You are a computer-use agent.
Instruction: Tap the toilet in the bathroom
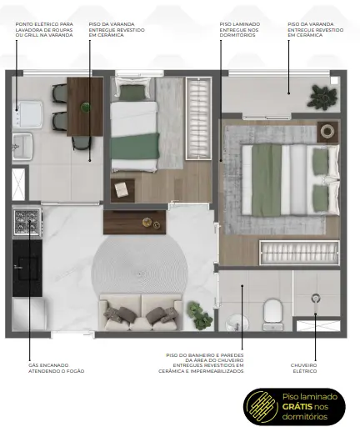pyautogui.click(x=272, y=314)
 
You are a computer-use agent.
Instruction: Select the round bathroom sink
pyautogui.click(x=237, y=323)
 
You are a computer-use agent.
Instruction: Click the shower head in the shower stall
pyautogui.click(x=316, y=299)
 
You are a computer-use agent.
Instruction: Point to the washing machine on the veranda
pyautogui.click(x=27, y=114)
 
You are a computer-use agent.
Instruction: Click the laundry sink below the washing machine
pyautogui.click(x=22, y=146)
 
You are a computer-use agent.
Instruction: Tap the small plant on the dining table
pyautogui.click(x=86, y=107)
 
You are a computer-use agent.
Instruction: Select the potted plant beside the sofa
pyautogui.click(x=199, y=314)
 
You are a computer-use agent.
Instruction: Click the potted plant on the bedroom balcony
pyautogui.click(x=322, y=96)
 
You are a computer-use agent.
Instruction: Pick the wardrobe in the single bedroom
pyautogui.click(x=198, y=118)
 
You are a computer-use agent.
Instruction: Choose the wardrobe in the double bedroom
pyautogui.click(x=300, y=253)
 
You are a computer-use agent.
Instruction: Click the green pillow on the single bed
pyautogui.click(x=132, y=92)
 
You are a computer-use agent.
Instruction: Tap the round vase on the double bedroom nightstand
pyautogui.click(x=327, y=130)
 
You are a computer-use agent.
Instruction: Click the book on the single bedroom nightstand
pyautogui.click(x=122, y=189)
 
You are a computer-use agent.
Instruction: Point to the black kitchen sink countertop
pyautogui.click(x=27, y=268)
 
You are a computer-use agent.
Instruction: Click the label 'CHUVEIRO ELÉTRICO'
pyautogui.click(x=303, y=368)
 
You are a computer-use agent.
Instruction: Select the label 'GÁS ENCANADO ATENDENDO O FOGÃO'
pyautogui.click(x=56, y=368)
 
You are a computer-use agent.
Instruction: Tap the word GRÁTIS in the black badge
pyautogui.click(x=297, y=406)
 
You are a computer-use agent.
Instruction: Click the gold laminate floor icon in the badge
pyautogui.click(x=262, y=407)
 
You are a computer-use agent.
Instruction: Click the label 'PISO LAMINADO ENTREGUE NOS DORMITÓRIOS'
pyautogui.click(x=240, y=30)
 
